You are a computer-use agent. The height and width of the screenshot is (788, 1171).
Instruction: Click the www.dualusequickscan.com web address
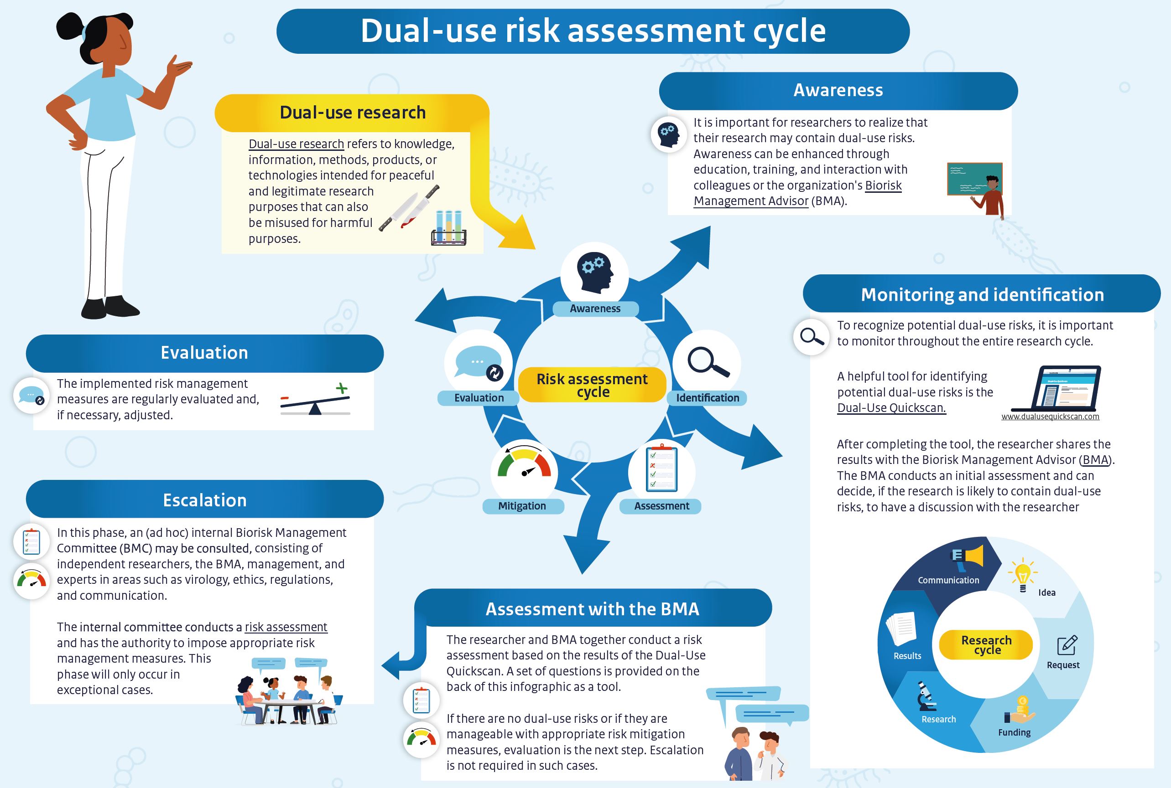coord(1050,416)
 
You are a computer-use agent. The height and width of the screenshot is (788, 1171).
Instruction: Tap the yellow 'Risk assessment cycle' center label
coord(592,385)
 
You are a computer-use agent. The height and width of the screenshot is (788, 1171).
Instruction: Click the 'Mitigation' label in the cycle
coord(522,505)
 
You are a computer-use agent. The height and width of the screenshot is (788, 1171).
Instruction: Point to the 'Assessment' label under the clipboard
coord(661,505)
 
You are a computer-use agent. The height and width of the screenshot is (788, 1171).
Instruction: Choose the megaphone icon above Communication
coord(967,558)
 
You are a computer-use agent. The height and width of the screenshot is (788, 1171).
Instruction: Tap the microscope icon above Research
coord(926,695)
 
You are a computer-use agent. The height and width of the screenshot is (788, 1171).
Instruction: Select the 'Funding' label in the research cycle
coord(1014,732)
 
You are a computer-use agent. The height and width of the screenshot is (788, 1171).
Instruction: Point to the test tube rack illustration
coord(449,228)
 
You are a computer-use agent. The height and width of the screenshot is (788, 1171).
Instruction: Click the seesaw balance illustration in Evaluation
coord(315,400)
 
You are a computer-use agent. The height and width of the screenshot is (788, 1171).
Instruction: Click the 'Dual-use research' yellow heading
coord(352,113)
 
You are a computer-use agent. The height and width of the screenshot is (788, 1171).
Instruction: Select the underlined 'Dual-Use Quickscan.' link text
coord(891,407)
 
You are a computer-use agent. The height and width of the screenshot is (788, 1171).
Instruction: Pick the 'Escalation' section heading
coord(205,500)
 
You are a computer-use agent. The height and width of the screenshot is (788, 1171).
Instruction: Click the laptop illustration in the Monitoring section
coord(1057,388)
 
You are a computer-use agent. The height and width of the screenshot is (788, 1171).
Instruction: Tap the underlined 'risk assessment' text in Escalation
coord(286,627)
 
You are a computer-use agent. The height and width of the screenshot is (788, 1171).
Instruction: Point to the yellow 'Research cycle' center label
coord(986,645)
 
